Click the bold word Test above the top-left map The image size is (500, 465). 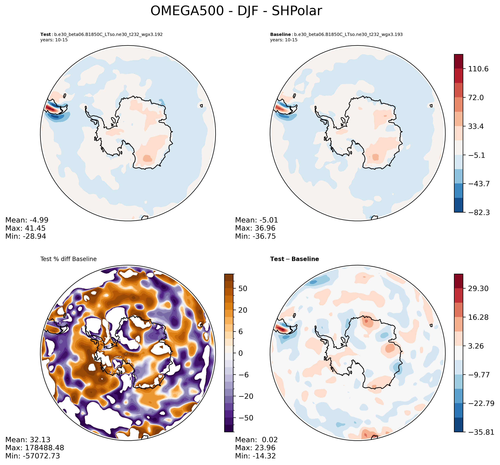click(45, 35)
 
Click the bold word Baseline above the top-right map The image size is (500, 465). click(280, 35)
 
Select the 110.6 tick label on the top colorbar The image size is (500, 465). click(478, 69)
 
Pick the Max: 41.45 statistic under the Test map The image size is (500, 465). click(25, 228)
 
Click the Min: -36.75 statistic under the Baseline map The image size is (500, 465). click(255, 236)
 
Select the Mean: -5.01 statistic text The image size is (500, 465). click(256, 220)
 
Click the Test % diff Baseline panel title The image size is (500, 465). click(68, 259)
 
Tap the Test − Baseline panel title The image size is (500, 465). click(294, 259)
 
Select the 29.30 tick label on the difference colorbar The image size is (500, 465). click(478, 288)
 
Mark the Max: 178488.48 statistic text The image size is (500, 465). click(35, 448)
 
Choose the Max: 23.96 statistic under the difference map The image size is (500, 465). click(255, 448)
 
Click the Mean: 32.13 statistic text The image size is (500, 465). click(28, 440)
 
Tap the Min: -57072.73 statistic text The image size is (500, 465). click(33, 456)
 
